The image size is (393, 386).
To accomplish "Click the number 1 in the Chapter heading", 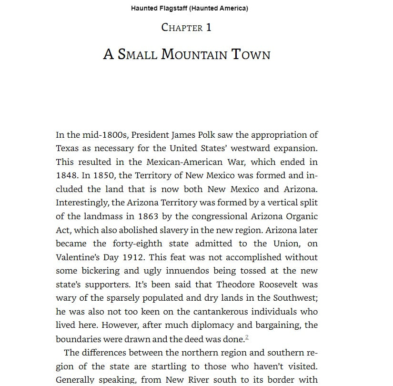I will coord(208,28).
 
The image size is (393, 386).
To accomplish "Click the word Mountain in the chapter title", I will coord(194,54).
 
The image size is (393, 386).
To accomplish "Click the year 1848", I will coord(66,175).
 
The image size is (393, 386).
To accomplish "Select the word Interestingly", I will coord(82,203).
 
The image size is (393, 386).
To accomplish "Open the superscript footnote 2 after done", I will coord(247,337).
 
